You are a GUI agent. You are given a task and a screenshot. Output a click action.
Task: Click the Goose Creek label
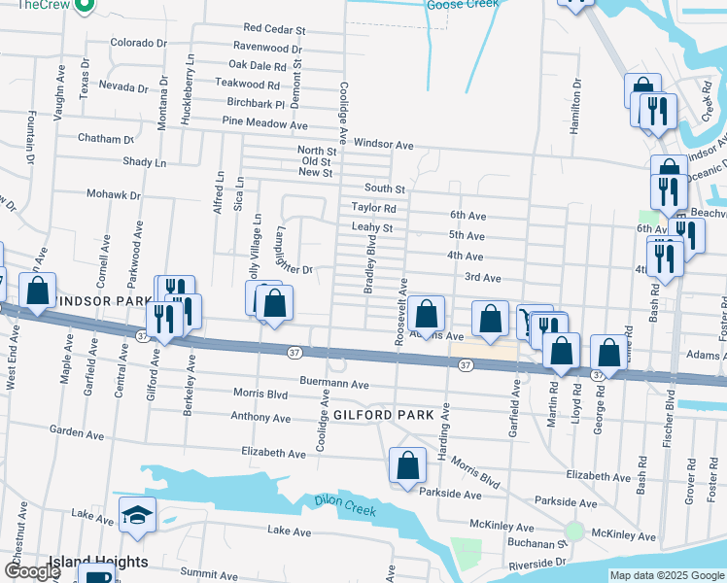tap(463, 5)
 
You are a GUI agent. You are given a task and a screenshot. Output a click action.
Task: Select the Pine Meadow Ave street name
tap(264, 124)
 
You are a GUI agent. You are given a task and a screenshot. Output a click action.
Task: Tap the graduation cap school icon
tap(137, 515)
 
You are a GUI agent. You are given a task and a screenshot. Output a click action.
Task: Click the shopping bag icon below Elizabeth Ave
tap(407, 465)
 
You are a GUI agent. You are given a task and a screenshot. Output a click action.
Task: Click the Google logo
tap(31, 572)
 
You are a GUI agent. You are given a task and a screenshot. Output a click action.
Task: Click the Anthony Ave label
tap(260, 418)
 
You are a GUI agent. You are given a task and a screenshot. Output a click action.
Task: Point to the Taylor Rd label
tap(374, 208)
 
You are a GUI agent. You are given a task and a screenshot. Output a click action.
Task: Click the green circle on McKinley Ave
tap(574, 532)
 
